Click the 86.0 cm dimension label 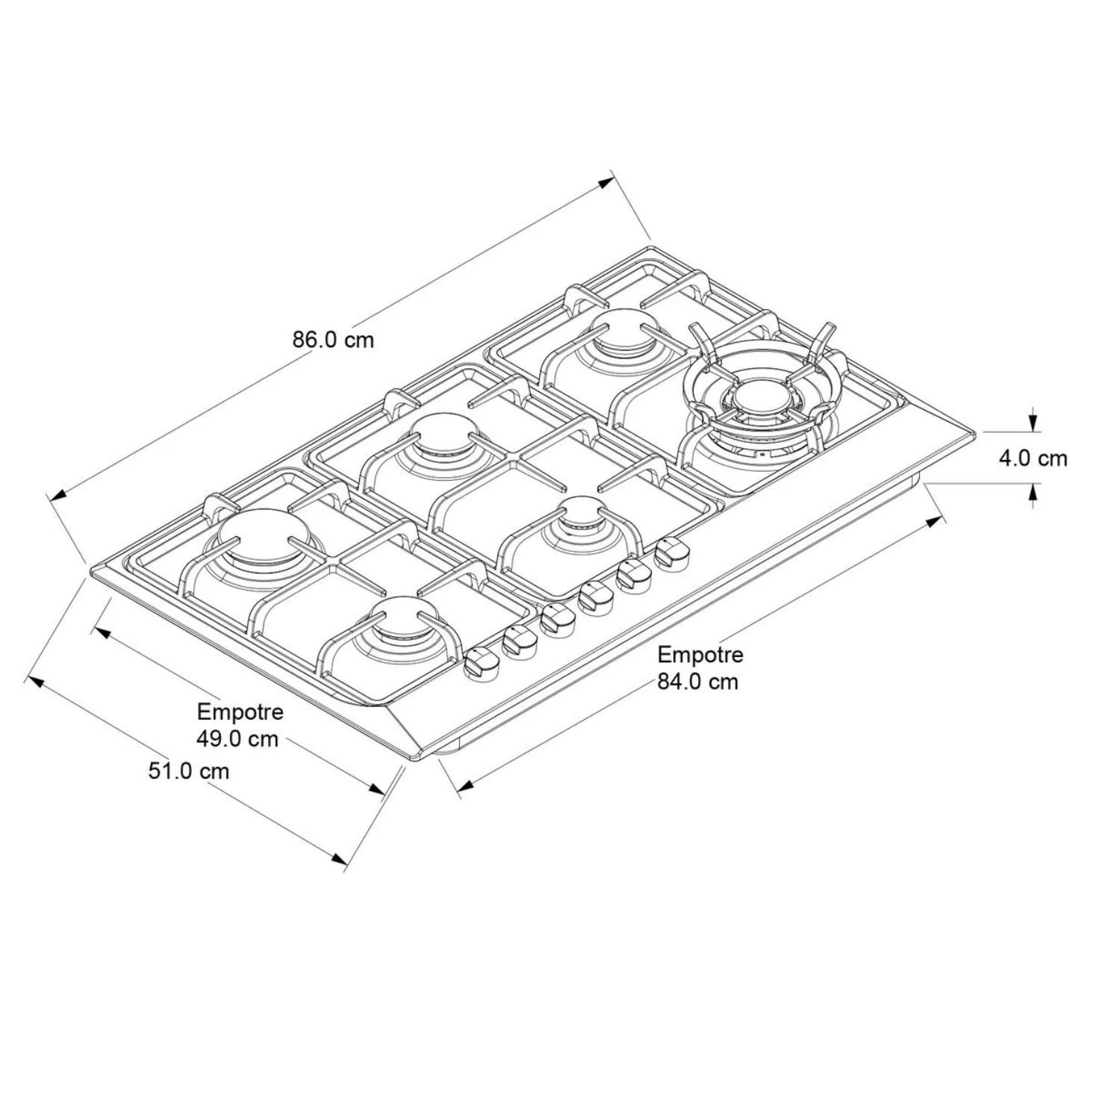coord(333,340)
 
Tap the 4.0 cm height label coord(1033,458)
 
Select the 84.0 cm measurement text coord(697,681)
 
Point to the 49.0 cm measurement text coord(237,738)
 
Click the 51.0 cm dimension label coord(188,771)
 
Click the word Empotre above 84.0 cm coord(700,655)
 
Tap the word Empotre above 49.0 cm coord(240,712)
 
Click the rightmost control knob coord(672,556)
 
